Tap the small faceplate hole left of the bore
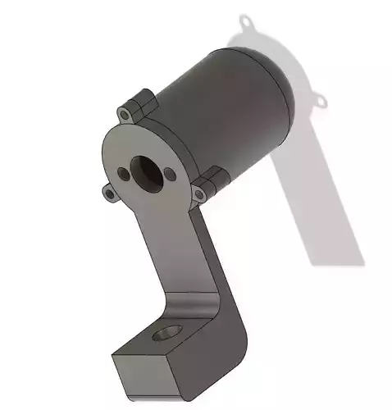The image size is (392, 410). click(122, 175)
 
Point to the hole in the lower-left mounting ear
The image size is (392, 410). click(109, 194)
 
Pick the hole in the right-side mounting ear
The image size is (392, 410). click(198, 195)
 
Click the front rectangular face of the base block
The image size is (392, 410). click(143, 374)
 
